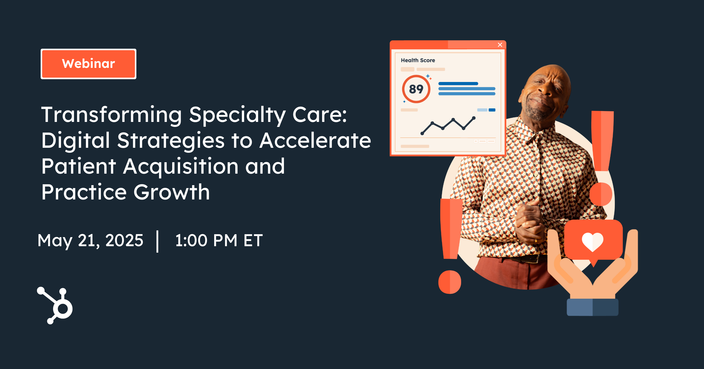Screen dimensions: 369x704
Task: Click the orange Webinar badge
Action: click(88, 64)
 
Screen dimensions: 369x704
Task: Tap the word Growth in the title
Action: click(172, 192)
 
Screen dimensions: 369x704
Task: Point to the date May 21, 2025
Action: click(90, 240)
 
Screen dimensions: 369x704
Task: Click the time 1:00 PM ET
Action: click(219, 240)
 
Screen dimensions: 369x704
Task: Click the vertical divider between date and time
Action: click(158, 241)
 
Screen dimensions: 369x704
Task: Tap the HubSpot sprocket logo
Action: click(56, 306)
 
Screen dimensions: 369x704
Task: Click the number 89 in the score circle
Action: click(416, 89)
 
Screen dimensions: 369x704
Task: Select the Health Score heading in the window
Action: click(418, 60)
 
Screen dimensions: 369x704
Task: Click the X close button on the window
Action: click(500, 45)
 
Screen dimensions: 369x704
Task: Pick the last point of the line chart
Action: click(474, 118)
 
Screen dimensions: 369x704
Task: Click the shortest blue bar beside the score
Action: click(458, 84)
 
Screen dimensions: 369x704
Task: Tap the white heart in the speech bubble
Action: click(592, 242)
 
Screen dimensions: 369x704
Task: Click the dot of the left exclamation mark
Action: click(450, 282)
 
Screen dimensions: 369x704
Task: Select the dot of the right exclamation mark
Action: click(601, 194)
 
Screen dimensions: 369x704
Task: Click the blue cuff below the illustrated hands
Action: click(593, 307)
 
